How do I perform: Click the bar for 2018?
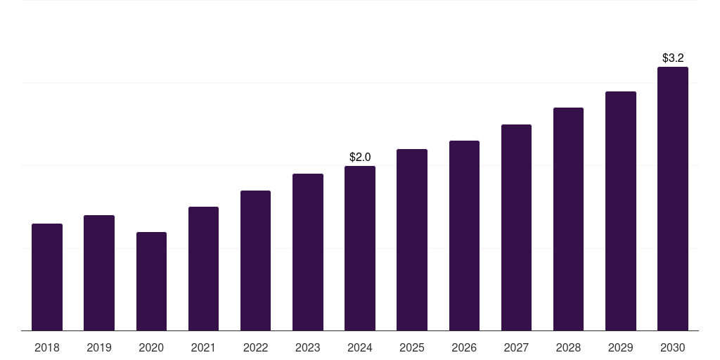(47, 277)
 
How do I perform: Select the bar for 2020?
(151, 281)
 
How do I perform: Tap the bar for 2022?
(255, 260)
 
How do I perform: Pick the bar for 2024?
(360, 248)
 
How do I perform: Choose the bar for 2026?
(464, 236)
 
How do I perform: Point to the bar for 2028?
(568, 219)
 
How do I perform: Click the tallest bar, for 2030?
(673, 198)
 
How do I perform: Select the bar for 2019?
(99, 273)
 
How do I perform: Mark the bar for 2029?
(621, 211)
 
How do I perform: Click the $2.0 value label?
(360, 157)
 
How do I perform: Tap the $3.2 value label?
(673, 58)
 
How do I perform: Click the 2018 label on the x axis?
(47, 347)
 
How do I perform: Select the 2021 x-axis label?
(203, 347)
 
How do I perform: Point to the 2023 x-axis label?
(308, 347)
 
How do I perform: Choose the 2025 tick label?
(412, 347)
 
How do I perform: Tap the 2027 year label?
(516, 347)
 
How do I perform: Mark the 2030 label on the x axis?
(673, 347)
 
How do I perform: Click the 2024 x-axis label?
(360, 347)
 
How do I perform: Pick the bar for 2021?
(203, 269)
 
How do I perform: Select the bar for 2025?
(412, 240)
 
